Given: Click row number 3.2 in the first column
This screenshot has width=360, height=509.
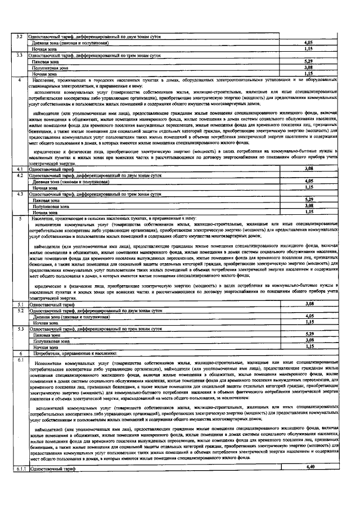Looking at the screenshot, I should click(x=20, y=37).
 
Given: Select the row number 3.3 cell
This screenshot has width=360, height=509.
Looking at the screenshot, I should click(x=20, y=55).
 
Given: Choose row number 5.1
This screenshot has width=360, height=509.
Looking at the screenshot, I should click(x=20, y=304).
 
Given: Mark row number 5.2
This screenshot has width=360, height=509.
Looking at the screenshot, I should click(x=20, y=310).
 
